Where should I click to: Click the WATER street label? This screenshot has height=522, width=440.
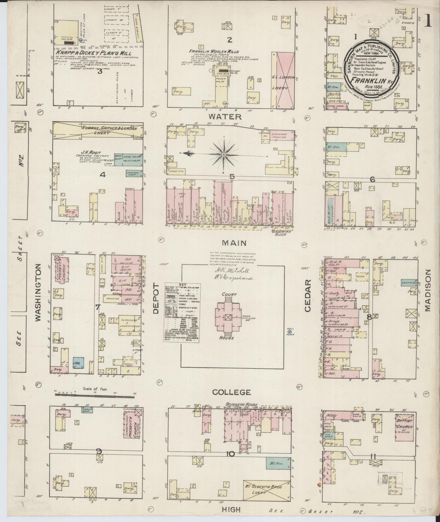pyautogui.click(x=225, y=117)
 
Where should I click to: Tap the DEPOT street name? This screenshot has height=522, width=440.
pyautogui.click(x=156, y=298)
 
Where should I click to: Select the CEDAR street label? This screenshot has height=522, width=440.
pyautogui.click(x=307, y=296)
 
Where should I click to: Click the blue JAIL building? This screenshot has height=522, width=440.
pyautogui.click(x=79, y=363)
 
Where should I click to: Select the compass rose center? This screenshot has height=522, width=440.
pyautogui.click(x=224, y=155)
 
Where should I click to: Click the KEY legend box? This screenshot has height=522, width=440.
pyautogui.click(x=182, y=312)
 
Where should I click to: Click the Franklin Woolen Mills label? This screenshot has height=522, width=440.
pyautogui.click(x=214, y=51)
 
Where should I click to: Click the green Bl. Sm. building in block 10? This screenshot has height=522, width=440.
pyautogui.click(x=278, y=463)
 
